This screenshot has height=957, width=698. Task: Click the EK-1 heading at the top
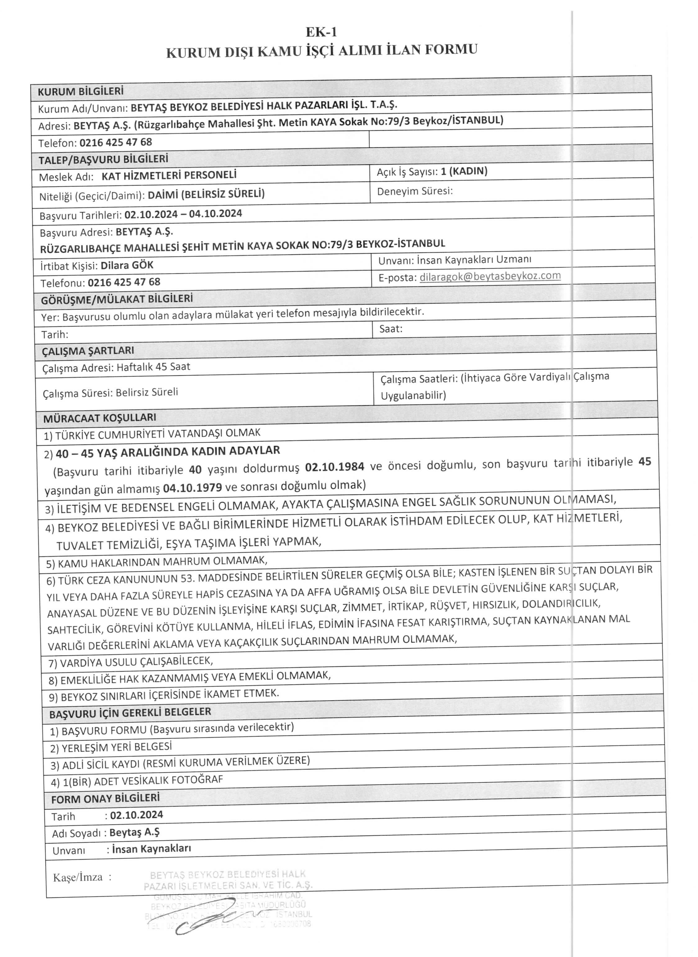[321, 32]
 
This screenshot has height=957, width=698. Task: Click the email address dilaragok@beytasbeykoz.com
[490, 276]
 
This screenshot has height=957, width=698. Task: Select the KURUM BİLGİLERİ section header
[80, 91]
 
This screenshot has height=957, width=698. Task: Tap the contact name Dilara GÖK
[127, 266]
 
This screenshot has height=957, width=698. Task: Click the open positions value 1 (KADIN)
[464, 171]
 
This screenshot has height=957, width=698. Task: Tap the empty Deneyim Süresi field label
[415, 191]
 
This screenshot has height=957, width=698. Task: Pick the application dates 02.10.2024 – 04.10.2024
[183, 214]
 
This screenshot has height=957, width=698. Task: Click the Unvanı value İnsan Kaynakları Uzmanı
[474, 260]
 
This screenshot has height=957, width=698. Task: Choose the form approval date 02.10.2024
[136, 815]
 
